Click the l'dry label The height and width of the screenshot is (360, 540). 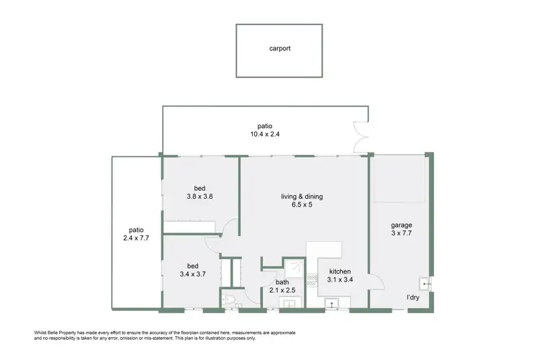point(413,297)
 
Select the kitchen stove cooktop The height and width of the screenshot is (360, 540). point(312,284)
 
